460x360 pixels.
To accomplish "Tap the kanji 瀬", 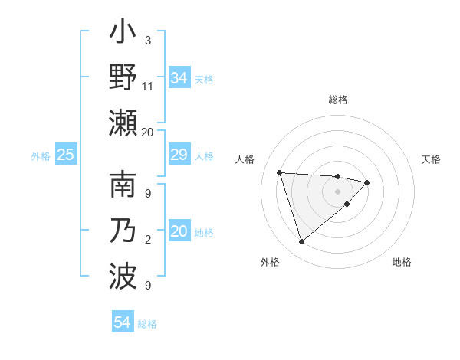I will (123, 124).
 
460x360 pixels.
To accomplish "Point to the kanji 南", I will (123, 188).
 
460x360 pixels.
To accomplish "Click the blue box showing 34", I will (179, 78).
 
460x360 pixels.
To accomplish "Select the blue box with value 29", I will (179, 155).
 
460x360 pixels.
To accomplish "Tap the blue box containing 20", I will (179, 232).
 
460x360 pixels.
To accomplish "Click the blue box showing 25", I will (66, 155).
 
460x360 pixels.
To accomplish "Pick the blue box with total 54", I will (123, 323).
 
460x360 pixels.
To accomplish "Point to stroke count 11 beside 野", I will (148, 86).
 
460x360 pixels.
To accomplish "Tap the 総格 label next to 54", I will (147, 324).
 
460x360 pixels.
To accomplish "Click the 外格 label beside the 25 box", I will (41, 156).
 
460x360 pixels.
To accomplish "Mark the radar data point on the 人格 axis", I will (280, 172).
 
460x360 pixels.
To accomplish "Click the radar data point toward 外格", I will (302, 242).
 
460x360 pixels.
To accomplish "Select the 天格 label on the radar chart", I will (431, 159).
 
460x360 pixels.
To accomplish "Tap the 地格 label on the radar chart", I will (402, 262).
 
